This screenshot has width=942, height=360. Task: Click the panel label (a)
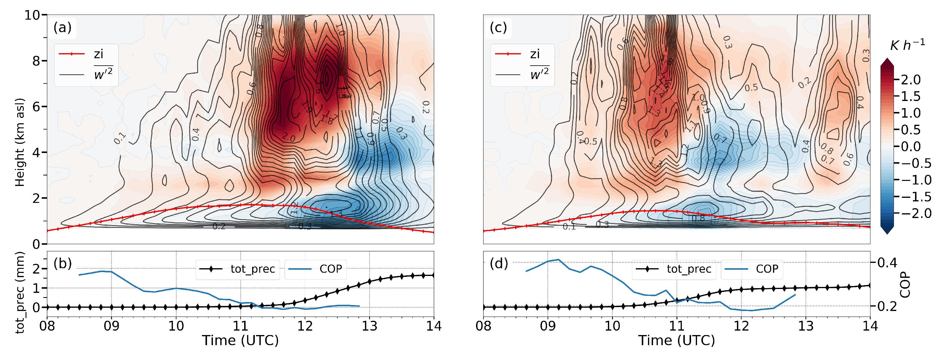point(63,27)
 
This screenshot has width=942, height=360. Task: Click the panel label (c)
point(498,27)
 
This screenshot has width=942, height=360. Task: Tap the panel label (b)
point(63,263)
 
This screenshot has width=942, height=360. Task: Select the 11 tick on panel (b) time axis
point(240,326)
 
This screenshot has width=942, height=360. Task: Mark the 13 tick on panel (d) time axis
point(806,326)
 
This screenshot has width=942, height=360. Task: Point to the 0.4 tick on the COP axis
point(887,263)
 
